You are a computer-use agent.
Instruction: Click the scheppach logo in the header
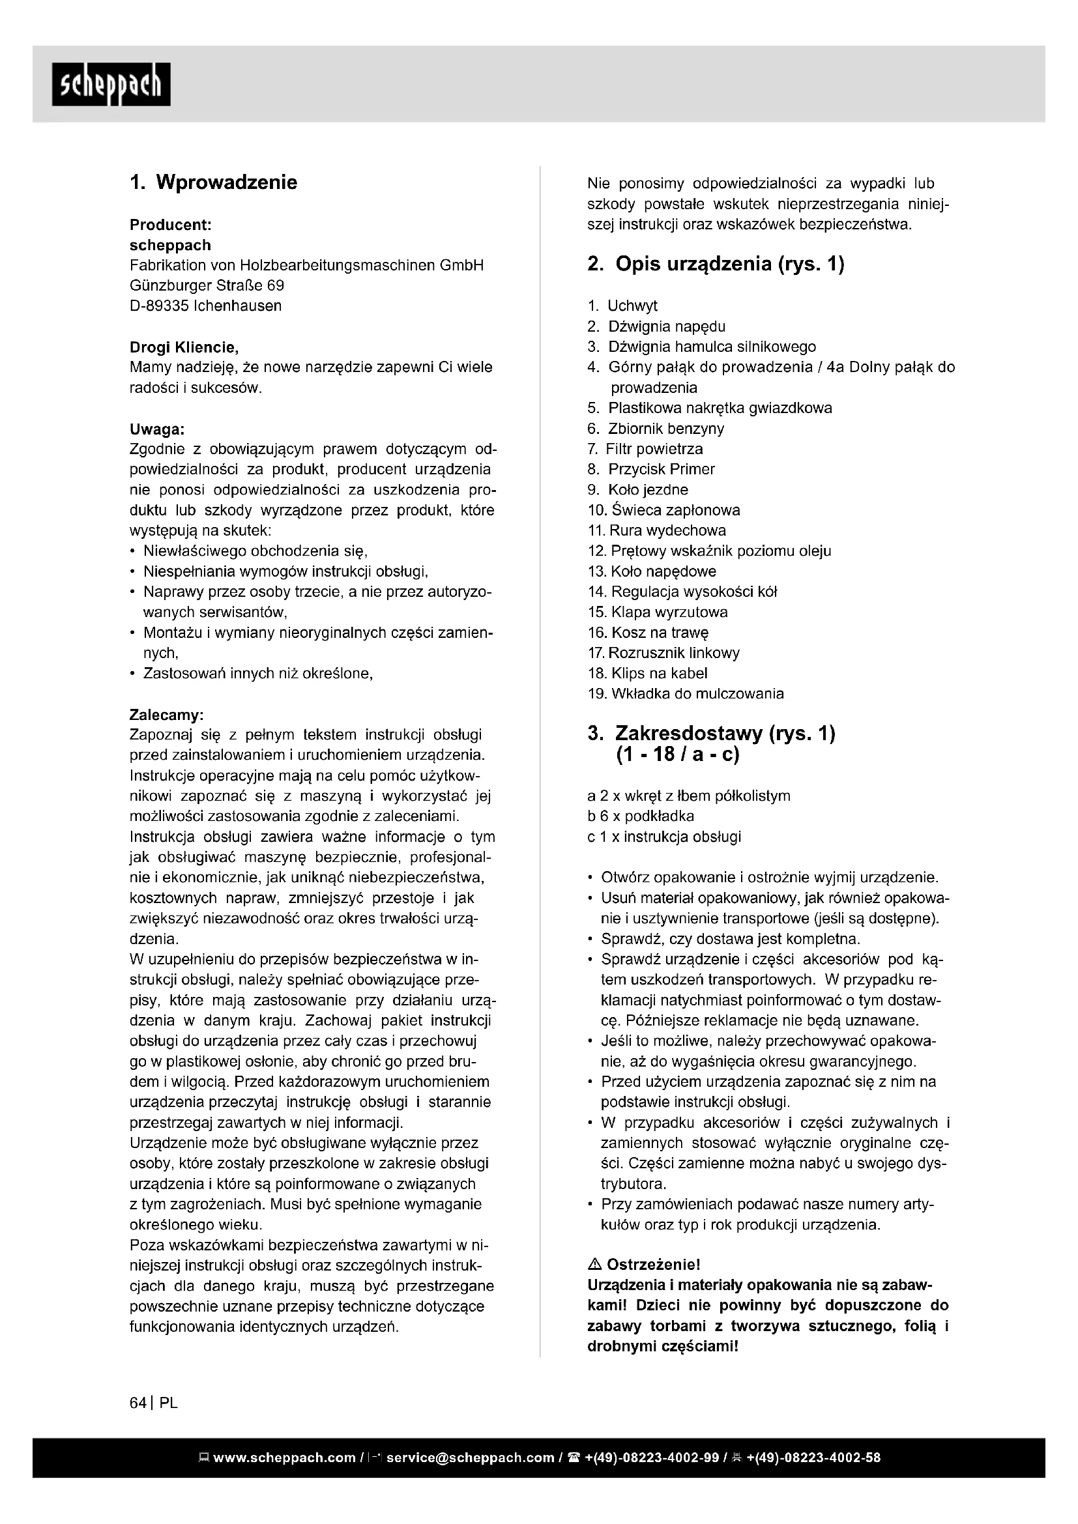111,84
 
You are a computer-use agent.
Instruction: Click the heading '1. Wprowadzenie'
213,182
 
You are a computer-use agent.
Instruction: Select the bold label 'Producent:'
170,224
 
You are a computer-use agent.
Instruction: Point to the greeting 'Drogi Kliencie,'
184,347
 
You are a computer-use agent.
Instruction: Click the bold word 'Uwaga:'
156,429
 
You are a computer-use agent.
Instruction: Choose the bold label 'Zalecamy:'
166,715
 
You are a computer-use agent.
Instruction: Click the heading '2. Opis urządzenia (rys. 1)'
716,264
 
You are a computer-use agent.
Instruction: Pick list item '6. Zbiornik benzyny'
655,429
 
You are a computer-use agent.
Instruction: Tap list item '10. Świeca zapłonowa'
663,510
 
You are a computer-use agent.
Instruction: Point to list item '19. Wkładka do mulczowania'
686,694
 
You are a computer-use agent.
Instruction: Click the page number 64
138,1403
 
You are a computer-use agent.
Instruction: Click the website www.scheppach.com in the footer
284,1458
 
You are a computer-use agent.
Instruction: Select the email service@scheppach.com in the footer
470,1458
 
